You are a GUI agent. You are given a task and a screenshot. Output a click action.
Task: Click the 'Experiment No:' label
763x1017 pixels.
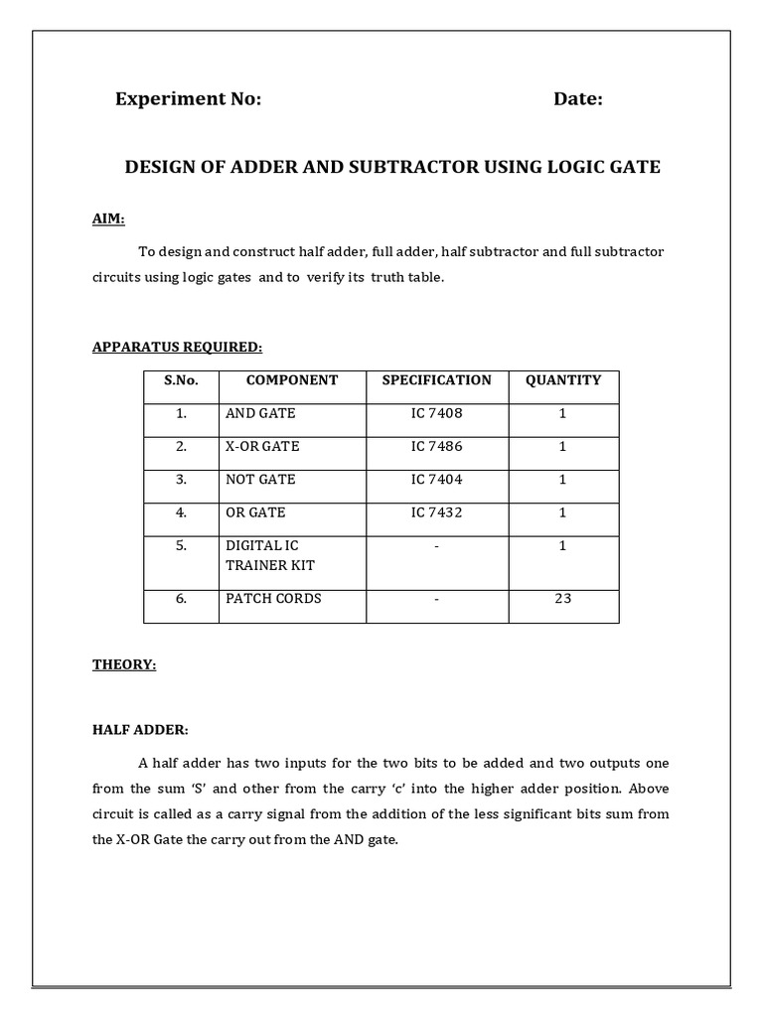188,98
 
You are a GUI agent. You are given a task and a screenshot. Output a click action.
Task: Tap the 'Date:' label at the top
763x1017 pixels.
578,98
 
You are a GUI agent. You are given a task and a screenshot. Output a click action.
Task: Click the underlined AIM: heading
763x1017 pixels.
108,218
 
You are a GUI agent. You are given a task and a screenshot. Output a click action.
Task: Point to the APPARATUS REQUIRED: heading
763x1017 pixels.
178,347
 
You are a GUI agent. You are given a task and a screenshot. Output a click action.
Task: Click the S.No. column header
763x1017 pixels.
182,380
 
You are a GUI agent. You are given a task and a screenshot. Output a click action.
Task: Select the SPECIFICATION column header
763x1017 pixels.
437,380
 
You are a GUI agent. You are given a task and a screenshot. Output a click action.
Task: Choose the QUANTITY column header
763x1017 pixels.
563,380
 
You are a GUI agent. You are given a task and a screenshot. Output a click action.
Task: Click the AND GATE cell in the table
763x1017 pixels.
261,413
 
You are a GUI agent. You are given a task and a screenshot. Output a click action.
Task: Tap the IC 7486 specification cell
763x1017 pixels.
437,446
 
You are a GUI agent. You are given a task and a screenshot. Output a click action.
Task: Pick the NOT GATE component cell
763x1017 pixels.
261,479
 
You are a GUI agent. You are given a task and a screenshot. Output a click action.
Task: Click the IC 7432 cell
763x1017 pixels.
437,512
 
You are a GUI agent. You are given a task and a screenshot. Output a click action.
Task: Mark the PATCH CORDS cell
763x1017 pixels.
274,599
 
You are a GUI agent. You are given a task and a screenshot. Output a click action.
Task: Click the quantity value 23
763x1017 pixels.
563,599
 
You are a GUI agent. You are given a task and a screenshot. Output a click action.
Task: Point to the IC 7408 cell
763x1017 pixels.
437,413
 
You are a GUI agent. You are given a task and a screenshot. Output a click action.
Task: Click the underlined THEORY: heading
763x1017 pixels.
124,664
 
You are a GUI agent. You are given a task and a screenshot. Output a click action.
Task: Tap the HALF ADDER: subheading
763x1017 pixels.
140,730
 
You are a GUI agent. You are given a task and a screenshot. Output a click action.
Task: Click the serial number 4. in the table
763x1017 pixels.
182,512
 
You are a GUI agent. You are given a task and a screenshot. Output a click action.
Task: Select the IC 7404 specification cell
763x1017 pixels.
437,479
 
